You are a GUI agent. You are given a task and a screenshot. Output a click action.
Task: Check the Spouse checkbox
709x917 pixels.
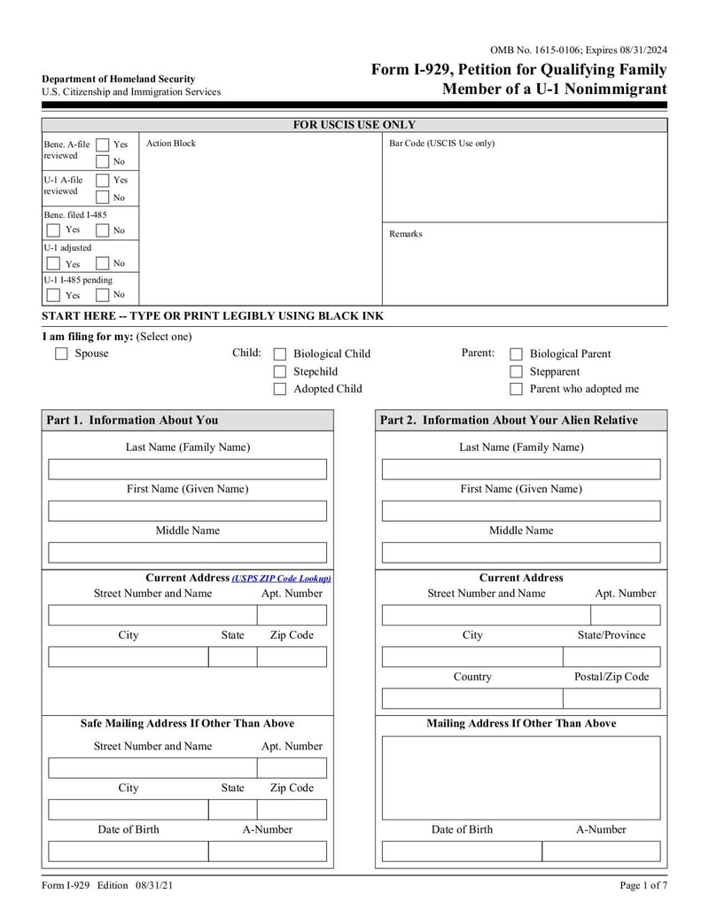click(61, 354)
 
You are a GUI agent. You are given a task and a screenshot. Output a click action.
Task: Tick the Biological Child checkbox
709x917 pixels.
click(280, 354)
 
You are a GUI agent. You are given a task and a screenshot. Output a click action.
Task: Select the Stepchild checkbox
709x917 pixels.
click(280, 371)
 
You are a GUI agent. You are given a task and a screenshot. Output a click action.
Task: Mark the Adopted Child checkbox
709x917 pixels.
click(280, 389)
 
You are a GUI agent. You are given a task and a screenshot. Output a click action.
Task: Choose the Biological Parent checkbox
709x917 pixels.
click(516, 354)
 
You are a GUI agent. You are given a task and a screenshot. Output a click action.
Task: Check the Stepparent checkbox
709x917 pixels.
click(516, 371)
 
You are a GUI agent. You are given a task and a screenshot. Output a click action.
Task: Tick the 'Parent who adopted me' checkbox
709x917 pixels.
click(516, 389)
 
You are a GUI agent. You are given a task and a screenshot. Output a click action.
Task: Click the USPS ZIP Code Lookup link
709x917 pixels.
click(281, 578)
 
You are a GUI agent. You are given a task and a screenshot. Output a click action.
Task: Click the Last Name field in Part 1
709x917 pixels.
click(187, 470)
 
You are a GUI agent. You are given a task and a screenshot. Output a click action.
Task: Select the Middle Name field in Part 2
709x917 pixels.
click(521, 553)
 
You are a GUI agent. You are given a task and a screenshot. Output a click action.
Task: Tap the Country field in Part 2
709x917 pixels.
click(471, 698)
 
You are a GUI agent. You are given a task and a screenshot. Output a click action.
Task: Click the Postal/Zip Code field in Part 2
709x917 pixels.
click(612, 698)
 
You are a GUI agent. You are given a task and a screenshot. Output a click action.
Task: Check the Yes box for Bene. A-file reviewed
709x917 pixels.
click(103, 144)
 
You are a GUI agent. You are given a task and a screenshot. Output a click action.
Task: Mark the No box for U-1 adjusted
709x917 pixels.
click(103, 263)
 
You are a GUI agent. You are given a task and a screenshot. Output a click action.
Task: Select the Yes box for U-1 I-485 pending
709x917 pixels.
click(54, 295)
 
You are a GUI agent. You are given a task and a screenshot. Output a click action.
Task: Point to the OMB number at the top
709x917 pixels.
click(578, 51)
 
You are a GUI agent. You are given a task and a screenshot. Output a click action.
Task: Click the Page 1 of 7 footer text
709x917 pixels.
click(643, 886)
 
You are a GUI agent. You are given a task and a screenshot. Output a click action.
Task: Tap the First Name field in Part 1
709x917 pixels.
click(187, 511)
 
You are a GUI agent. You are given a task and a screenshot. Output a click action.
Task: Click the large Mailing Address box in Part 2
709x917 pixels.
click(521, 778)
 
